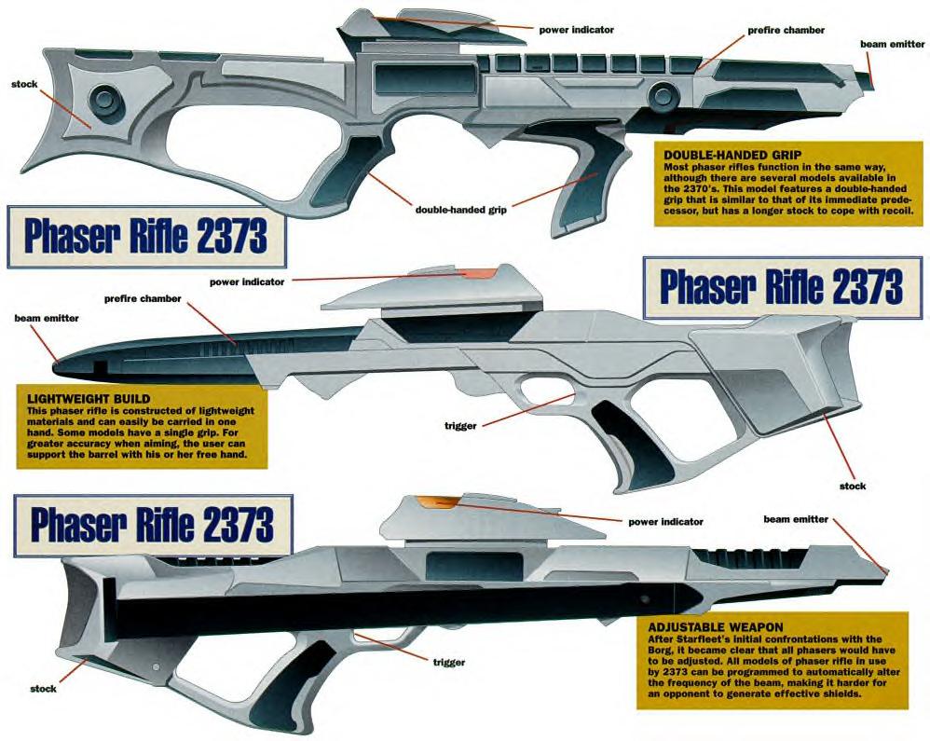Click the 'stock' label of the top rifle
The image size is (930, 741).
pos(24,84)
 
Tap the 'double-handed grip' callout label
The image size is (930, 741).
pos(461,210)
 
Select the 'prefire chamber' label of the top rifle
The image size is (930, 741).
pos(786,30)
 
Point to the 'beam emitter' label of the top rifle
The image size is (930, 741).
pos(892,44)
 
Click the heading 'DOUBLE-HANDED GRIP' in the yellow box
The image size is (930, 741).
pos(732,156)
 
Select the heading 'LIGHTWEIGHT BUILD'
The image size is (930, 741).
pos(89,399)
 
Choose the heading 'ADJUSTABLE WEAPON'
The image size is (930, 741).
pos(716,627)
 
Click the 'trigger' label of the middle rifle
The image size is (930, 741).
pos(460,425)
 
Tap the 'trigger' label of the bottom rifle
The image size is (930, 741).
pos(448,662)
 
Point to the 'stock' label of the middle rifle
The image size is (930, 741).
pos(853,486)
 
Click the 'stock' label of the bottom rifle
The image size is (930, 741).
pos(43,689)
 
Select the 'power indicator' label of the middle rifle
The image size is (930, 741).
pos(247,281)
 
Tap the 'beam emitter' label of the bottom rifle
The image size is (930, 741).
pos(796,519)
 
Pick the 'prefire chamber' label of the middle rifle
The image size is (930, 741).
pos(143,298)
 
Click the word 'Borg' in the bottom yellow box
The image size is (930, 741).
pos(660,650)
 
